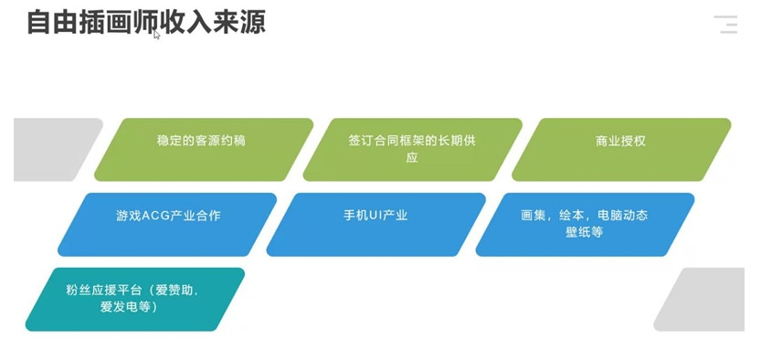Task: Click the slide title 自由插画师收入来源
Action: coord(146,23)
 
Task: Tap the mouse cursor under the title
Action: coord(156,35)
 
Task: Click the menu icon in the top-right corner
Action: coord(726,25)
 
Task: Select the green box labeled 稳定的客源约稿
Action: coord(204,150)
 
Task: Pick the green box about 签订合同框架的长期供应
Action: coord(413,150)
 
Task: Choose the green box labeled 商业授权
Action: coord(621,150)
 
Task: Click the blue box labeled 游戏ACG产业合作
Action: coord(167,224)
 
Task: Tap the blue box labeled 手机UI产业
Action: coord(375,224)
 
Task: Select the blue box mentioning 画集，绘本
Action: coord(585,224)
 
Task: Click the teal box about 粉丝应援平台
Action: coord(135,300)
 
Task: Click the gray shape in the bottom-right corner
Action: coord(702,300)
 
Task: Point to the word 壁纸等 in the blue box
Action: coord(585,232)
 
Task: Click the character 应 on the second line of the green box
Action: coord(412,158)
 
